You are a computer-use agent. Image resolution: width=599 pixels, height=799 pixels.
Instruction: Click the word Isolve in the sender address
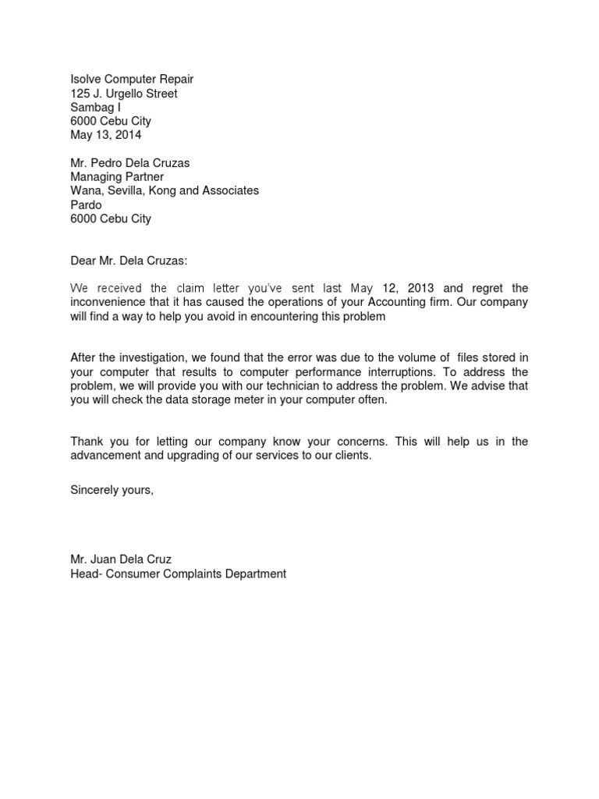coord(86,79)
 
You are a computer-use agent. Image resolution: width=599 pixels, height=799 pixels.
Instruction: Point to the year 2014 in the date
coord(126,135)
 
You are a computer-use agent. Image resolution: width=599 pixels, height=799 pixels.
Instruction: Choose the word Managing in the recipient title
coord(95,177)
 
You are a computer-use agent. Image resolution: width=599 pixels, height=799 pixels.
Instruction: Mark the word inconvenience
coord(109,302)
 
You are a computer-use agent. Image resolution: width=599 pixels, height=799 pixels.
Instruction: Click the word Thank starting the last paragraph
coord(87,442)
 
